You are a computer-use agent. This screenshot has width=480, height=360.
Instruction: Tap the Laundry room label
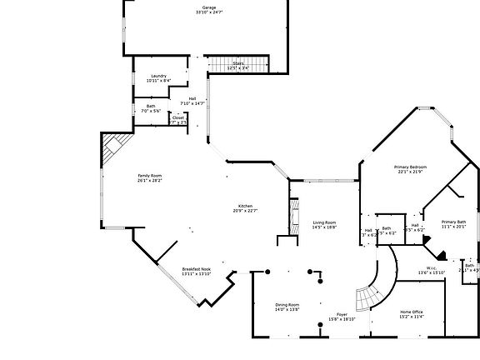click(158, 76)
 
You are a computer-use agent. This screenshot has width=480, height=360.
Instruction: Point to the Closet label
click(178, 117)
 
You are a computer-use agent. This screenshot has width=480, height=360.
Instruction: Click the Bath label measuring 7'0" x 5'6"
click(151, 106)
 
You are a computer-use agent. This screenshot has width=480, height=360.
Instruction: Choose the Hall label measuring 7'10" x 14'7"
click(192, 98)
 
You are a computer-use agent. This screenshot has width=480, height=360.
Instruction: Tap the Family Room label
click(149, 176)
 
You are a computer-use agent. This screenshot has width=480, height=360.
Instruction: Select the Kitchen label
click(246, 206)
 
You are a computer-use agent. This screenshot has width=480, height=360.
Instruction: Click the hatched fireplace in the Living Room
click(293, 216)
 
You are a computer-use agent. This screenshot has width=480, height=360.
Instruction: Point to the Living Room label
click(324, 222)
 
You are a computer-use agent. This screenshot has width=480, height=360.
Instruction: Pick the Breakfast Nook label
click(196, 269)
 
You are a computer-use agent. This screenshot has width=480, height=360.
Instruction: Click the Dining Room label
click(287, 305)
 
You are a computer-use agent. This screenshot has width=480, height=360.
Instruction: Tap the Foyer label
click(342, 314)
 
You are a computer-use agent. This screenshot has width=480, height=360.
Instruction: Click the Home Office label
click(412, 312)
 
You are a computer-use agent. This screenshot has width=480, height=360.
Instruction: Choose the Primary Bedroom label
click(409, 167)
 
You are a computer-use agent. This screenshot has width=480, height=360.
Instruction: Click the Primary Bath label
click(454, 221)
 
